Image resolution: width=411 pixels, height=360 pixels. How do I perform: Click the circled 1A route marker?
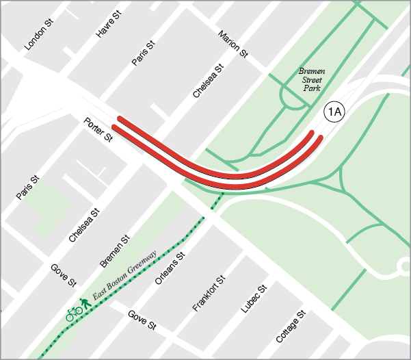point(334,112)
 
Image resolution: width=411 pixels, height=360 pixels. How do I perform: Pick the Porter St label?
point(98,130)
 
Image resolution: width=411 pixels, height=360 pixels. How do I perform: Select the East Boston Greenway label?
point(125,274)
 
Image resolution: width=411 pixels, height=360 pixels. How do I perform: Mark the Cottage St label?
point(290,326)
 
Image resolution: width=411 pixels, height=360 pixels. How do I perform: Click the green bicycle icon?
point(74,313)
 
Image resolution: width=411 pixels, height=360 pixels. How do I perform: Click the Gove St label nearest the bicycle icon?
point(62,274)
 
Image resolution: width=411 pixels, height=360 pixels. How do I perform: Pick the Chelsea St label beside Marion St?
point(208,81)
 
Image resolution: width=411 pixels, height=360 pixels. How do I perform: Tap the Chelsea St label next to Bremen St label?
point(85,226)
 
